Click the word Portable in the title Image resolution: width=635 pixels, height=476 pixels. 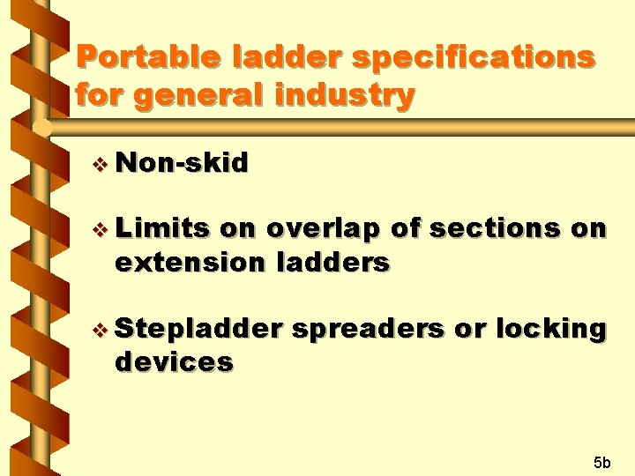click(x=147, y=57)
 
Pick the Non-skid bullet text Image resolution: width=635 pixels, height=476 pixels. click(x=182, y=162)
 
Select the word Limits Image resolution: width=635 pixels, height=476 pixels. click(x=162, y=228)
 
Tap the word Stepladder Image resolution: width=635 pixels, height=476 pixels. click(x=198, y=329)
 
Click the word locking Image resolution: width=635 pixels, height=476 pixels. click(x=550, y=329)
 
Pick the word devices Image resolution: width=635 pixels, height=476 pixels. click(x=174, y=361)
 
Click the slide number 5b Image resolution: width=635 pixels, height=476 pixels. click(x=601, y=462)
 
